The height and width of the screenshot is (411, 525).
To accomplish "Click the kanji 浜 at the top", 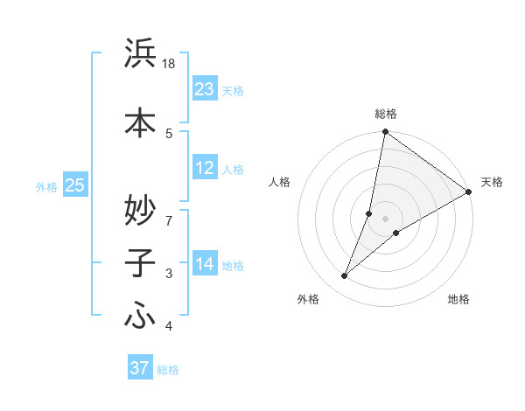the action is click(x=141, y=53).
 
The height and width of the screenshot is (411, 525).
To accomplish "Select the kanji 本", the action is click(x=141, y=122).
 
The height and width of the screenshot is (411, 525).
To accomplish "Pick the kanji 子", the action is click(x=141, y=262).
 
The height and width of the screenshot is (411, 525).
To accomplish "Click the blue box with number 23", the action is click(x=205, y=89).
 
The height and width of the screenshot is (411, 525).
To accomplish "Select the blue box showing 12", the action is click(x=205, y=169).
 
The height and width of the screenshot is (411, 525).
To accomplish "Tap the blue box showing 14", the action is click(x=205, y=264).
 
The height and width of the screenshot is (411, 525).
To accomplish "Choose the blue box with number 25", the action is click(x=75, y=185).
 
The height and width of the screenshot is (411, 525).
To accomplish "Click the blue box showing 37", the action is click(x=140, y=368).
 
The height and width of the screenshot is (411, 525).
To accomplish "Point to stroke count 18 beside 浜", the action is click(x=170, y=64).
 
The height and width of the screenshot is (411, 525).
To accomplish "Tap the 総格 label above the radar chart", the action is click(x=386, y=114).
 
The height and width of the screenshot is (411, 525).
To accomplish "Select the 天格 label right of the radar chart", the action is click(x=492, y=182).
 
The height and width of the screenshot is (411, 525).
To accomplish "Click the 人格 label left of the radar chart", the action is click(x=280, y=182).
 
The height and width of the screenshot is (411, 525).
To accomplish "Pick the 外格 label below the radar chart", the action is click(x=308, y=300).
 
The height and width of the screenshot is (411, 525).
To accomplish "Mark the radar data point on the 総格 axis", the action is click(x=385, y=132).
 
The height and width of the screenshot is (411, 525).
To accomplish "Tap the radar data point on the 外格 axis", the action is click(x=345, y=276).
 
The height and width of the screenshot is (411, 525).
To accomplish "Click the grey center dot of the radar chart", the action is click(x=385, y=219).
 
